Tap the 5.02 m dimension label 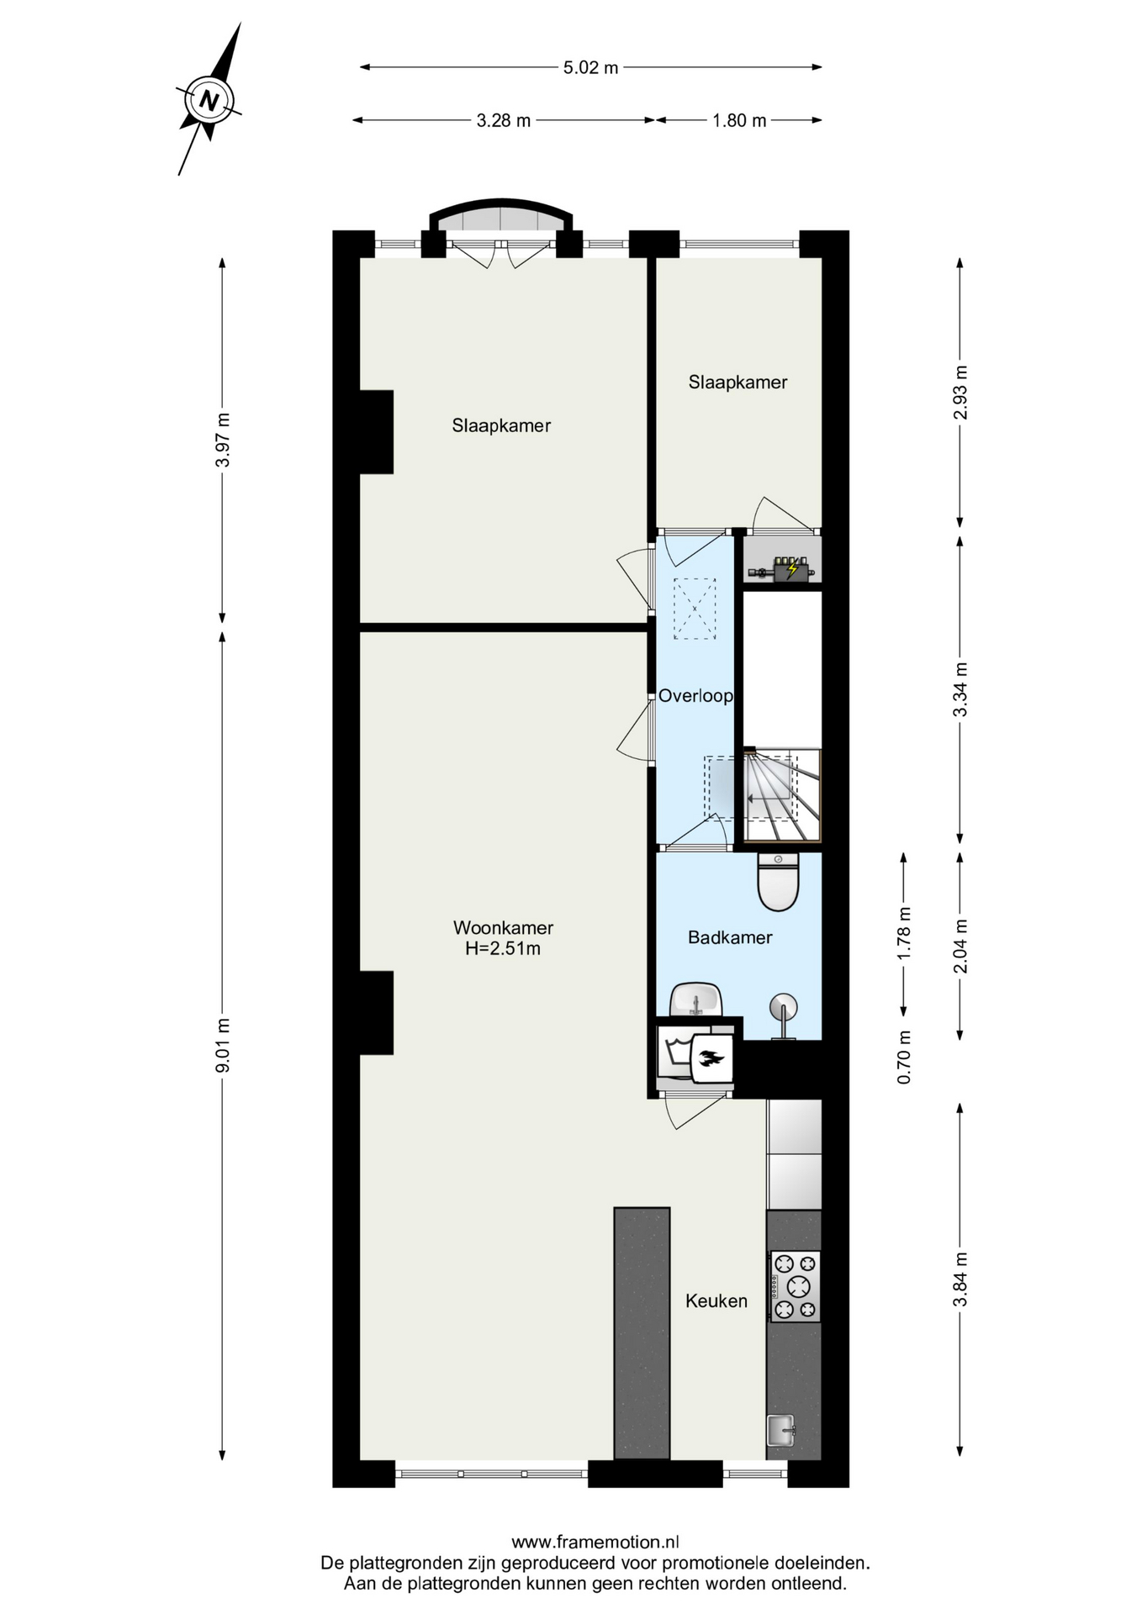[590, 68]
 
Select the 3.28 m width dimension [504, 120]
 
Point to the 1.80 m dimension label [739, 120]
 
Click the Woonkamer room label [503, 928]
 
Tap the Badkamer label [730, 937]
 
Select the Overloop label [695, 696]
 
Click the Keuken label [716, 1301]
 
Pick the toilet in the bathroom [778, 881]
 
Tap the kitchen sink [780, 1431]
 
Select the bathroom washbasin [695, 1000]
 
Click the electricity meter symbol [790, 569]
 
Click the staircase [782, 794]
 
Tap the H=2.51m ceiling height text [503, 949]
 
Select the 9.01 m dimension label [223, 1045]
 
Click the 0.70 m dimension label [904, 1057]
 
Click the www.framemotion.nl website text [595, 1542]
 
